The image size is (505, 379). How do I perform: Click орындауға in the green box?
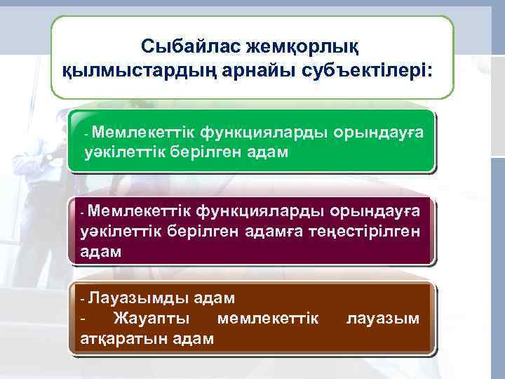[379, 131]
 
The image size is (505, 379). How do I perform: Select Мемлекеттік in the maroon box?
[139, 211]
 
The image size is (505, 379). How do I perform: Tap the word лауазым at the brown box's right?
[384, 319]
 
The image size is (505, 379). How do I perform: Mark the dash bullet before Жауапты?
[83, 319]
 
